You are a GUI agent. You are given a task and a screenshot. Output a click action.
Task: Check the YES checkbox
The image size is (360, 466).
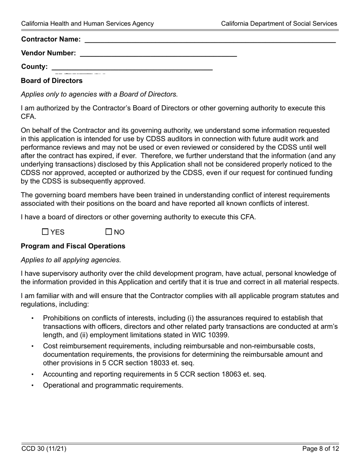coord(45,232)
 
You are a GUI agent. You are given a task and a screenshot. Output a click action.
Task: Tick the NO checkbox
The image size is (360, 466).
coord(109,232)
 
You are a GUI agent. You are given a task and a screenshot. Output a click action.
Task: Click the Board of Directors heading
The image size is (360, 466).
coord(52,81)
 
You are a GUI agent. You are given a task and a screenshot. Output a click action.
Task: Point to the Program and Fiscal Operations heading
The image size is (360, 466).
coord(73,246)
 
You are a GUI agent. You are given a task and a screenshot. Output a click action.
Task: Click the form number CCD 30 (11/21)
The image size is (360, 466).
coord(44,449)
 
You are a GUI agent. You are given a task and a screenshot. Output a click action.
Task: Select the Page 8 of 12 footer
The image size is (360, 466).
coord(321,449)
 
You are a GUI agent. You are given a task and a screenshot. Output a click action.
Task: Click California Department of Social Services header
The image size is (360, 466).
coord(279,23)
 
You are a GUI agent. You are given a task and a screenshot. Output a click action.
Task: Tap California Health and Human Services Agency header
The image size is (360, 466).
coord(88,23)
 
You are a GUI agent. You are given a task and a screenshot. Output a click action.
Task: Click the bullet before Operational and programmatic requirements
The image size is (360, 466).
coord(33,386)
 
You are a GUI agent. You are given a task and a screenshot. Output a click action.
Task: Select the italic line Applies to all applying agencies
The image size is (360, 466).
coord(71,260)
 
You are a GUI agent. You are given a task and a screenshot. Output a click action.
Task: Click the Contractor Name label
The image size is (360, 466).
coord(51,39)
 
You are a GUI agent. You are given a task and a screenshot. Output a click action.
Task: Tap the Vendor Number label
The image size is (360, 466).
coord(49,53)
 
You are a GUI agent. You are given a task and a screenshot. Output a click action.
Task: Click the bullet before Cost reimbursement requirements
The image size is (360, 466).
coord(33,346)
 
